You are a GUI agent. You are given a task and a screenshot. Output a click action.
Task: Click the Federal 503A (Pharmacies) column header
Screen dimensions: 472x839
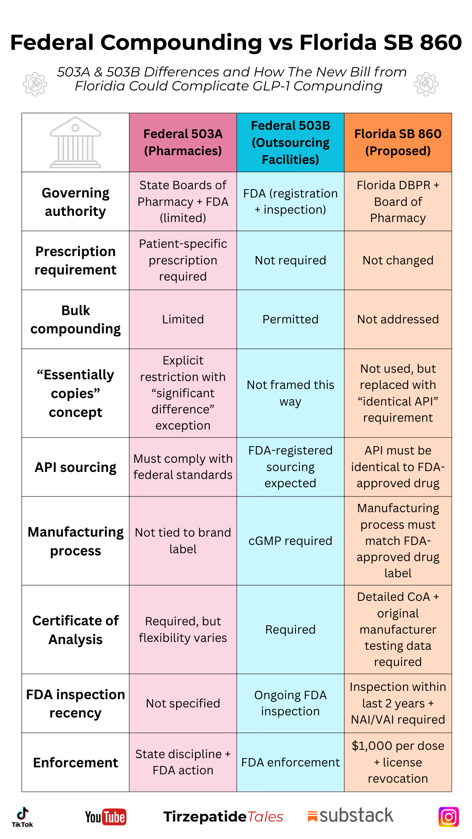coord(183,142)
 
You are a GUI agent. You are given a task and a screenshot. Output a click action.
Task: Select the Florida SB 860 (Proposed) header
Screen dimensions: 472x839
coord(398,142)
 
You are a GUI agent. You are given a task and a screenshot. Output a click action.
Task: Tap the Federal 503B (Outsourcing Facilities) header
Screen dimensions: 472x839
coord(290,142)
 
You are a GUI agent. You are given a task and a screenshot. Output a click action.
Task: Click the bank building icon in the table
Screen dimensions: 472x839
coord(76,142)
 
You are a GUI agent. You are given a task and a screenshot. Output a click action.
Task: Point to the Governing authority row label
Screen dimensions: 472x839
coord(76,202)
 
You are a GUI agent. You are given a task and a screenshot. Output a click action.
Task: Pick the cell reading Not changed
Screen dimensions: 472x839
coord(398,260)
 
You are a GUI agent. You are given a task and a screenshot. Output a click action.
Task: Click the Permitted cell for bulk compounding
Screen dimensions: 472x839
coord(290,319)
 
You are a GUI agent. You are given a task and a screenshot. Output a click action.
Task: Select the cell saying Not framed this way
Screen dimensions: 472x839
coord(290,393)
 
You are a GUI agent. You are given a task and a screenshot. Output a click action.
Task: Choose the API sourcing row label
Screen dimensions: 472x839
coord(76,467)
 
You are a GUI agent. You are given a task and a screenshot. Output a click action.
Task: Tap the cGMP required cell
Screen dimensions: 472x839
coord(290,541)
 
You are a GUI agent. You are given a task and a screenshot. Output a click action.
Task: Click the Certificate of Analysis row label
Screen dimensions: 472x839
coord(76,630)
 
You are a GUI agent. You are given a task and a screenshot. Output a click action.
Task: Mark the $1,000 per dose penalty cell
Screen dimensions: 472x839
coord(398,762)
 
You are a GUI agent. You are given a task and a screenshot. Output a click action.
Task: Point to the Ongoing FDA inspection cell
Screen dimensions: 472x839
coord(290,703)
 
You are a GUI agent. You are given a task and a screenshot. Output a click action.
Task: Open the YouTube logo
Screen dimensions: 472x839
coord(106,817)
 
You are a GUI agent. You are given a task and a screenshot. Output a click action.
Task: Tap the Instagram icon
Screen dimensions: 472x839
coord(448,817)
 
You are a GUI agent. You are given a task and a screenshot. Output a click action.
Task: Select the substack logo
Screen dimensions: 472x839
coord(351,816)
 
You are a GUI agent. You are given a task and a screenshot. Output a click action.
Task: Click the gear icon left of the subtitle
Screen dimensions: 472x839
coord(35,84)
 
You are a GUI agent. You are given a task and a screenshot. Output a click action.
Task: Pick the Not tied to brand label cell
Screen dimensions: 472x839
coord(183,541)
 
